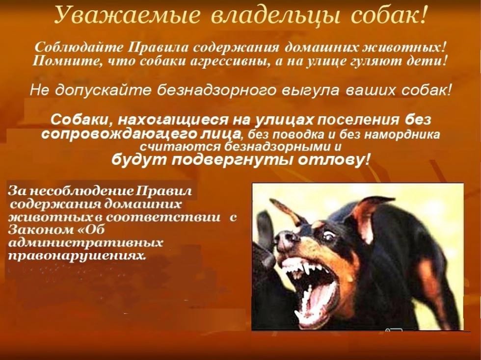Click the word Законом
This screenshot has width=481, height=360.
click(x=36, y=230)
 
